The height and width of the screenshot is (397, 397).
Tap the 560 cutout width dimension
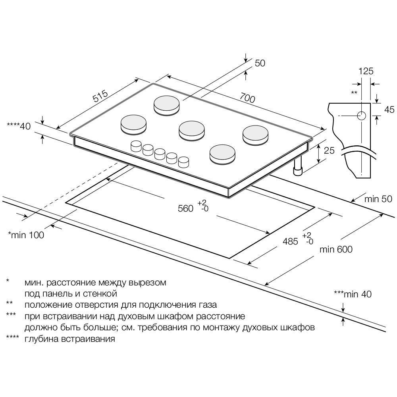[x=186, y=208]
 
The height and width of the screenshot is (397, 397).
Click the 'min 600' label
[x=336, y=249]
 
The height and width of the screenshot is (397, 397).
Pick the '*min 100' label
[x=26, y=235]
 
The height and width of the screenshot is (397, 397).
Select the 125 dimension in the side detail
[x=366, y=71]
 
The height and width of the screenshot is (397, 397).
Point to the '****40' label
[x=19, y=126]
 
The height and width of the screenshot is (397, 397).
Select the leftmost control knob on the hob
[x=136, y=145]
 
